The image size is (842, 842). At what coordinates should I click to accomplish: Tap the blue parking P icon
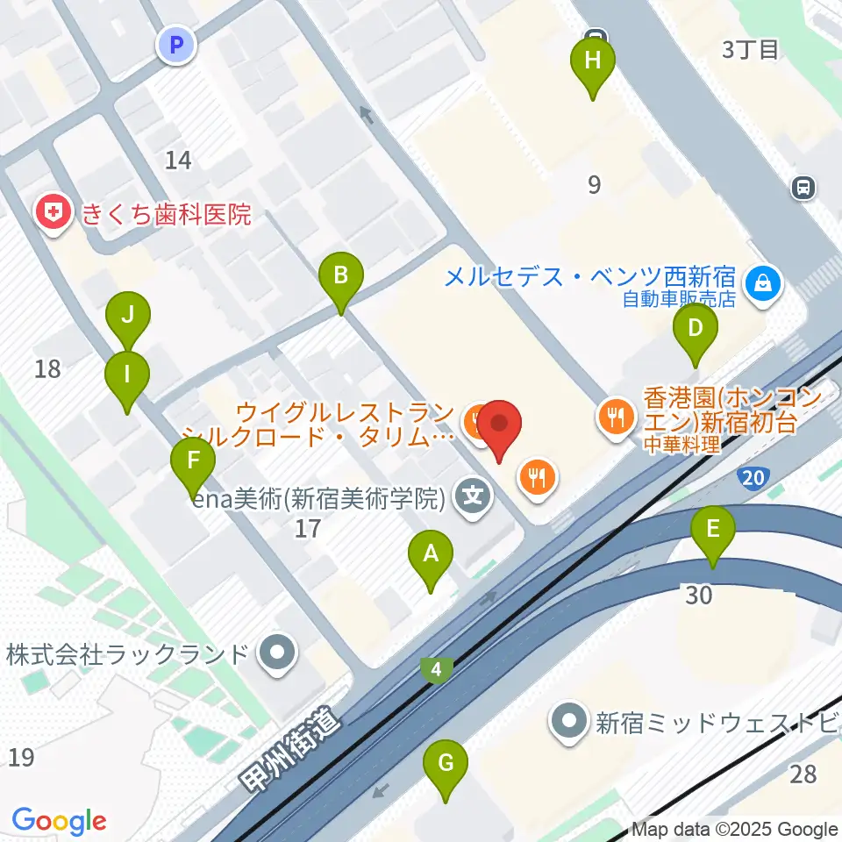tap(177, 45)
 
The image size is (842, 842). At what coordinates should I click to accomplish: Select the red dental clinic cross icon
tap(54, 213)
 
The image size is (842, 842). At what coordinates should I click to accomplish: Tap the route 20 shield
tap(752, 478)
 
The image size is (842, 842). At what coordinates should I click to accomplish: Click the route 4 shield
tap(436, 671)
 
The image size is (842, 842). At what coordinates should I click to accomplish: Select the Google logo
tap(59, 820)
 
